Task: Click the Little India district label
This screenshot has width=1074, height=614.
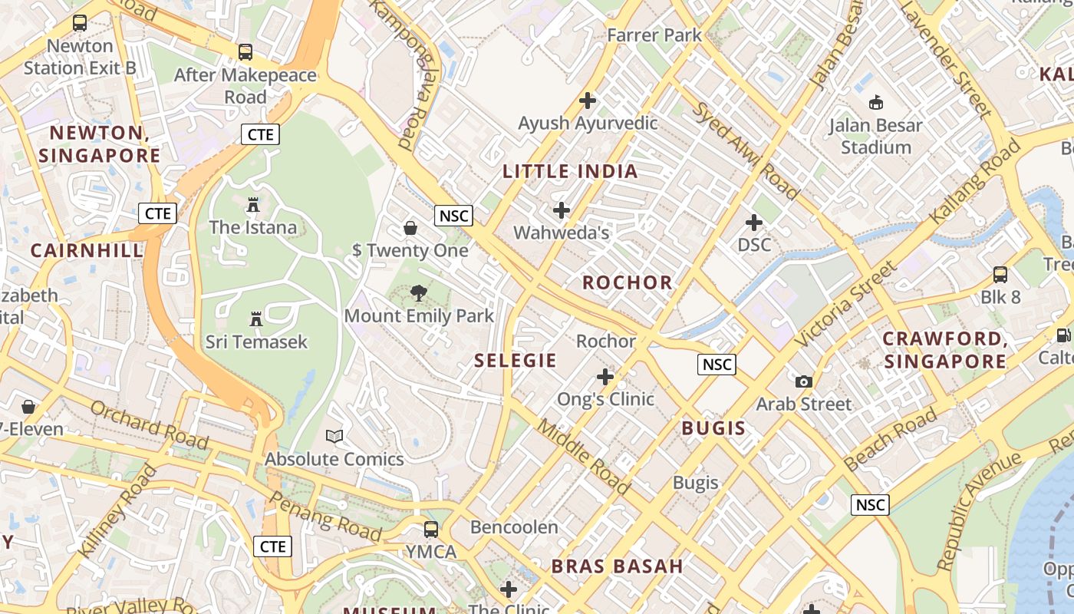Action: pyautogui.click(x=570, y=171)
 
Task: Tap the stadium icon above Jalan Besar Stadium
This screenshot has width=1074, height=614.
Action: pyautogui.click(x=875, y=102)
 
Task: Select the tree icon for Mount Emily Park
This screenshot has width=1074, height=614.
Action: pyautogui.click(x=419, y=292)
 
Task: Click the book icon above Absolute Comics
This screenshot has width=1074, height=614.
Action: pyautogui.click(x=334, y=436)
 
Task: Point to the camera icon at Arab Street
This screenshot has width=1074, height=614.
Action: pyautogui.click(x=803, y=381)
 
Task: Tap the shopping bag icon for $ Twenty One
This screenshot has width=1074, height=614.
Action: pyautogui.click(x=410, y=228)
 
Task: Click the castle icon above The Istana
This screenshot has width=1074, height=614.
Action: pyautogui.click(x=252, y=205)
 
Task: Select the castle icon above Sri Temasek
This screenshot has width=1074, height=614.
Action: pyautogui.click(x=256, y=319)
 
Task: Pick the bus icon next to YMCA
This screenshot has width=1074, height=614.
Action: pyautogui.click(x=431, y=530)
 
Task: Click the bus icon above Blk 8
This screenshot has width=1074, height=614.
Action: pyautogui.click(x=1000, y=274)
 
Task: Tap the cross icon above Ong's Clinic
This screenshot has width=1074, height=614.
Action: pyautogui.click(x=605, y=377)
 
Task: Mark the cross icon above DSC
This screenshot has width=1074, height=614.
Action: pyautogui.click(x=754, y=223)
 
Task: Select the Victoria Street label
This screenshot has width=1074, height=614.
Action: pyautogui.click(x=845, y=304)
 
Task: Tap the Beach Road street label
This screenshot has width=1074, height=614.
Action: pyautogui.click(x=890, y=439)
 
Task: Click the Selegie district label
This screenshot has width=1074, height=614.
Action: pyautogui.click(x=515, y=360)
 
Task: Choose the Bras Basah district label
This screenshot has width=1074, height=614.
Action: pyautogui.click(x=617, y=566)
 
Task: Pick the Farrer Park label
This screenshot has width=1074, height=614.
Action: pyautogui.click(x=654, y=35)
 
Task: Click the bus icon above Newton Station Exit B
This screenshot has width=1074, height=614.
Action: pyautogui.click(x=80, y=23)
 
